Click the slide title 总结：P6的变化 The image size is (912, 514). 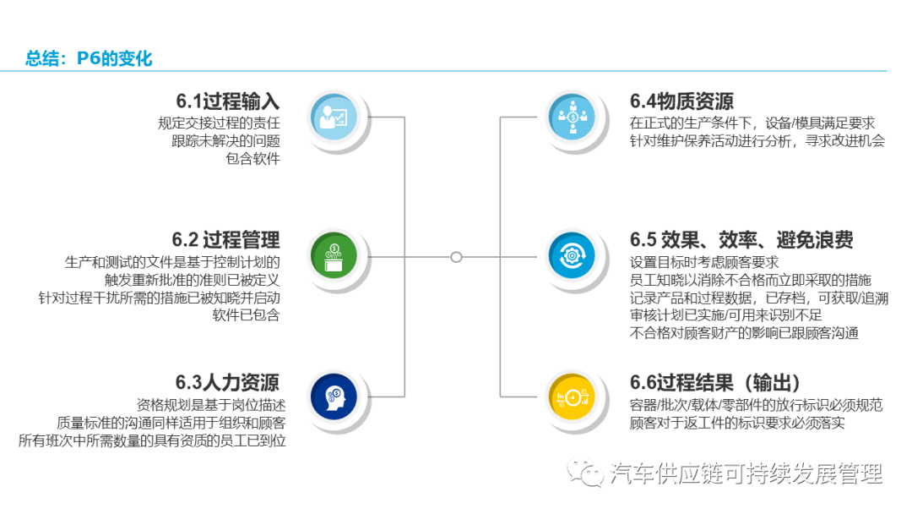point(89,58)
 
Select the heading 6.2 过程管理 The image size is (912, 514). point(225,239)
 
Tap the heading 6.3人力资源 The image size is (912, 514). point(227,382)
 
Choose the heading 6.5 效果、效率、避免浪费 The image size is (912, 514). point(741,239)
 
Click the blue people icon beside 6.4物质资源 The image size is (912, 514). point(572,116)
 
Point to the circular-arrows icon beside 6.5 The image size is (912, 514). point(572,254)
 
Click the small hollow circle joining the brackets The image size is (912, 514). point(456,256)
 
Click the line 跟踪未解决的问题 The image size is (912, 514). point(225,141)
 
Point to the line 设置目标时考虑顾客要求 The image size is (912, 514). point(703,262)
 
